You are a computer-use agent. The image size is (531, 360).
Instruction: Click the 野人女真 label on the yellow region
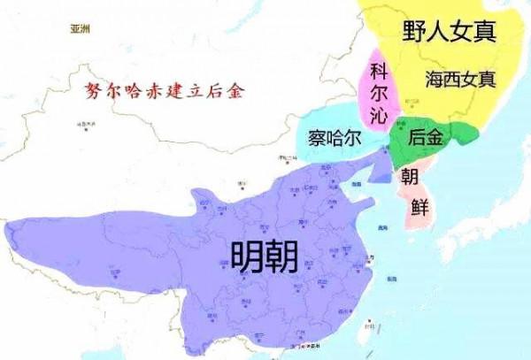pyautogui.click(x=449, y=31)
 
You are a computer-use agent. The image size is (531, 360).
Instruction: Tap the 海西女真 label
pyautogui.click(x=459, y=79)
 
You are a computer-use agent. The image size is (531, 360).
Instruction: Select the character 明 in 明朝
pyautogui.click(x=244, y=255)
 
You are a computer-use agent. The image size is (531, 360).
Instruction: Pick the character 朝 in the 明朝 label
pyautogui.click(x=281, y=255)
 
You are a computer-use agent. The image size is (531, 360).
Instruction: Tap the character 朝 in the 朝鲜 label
pyautogui.click(x=410, y=175)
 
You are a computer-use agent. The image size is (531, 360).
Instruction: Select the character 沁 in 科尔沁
pyautogui.click(x=379, y=114)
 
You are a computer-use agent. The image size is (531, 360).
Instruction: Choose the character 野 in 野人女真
pyautogui.click(x=415, y=31)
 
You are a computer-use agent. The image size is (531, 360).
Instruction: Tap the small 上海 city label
pyautogui.click(x=369, y=257)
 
